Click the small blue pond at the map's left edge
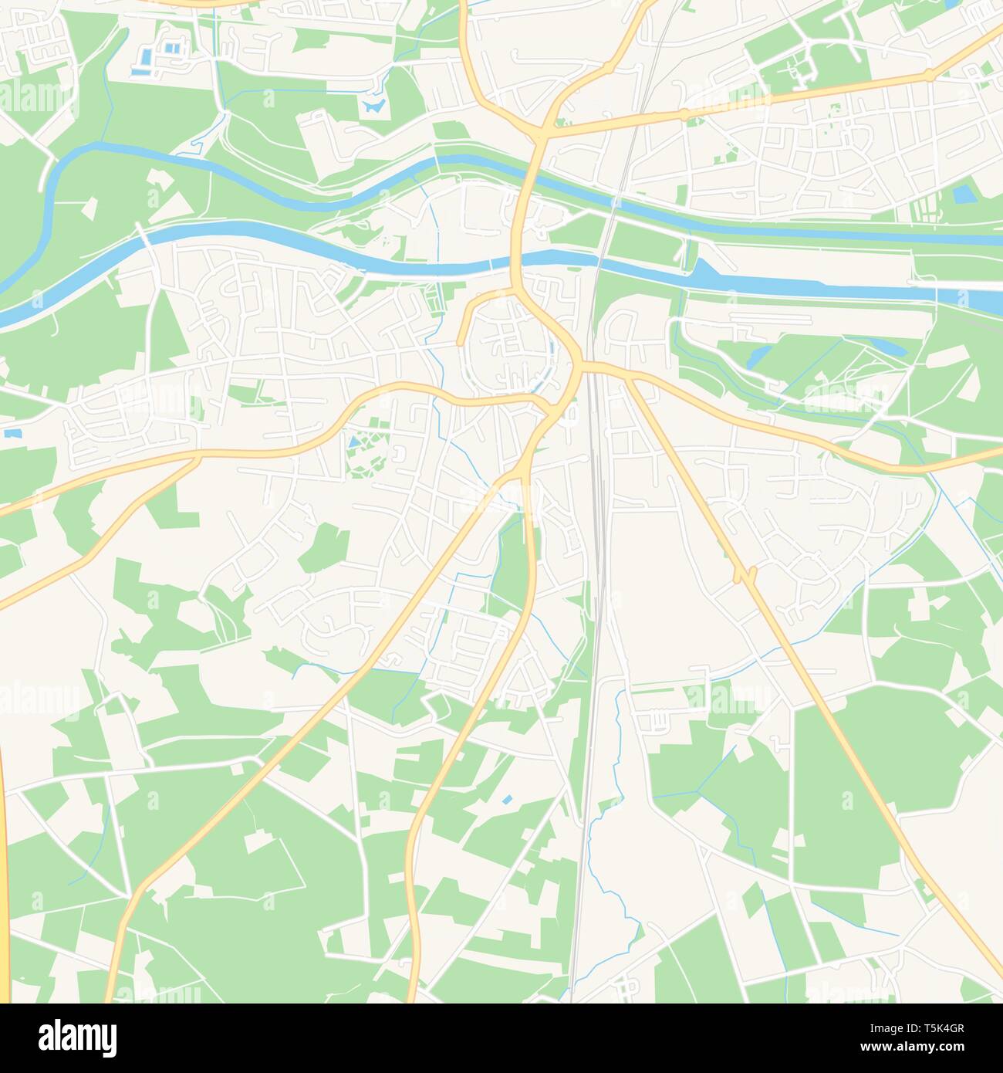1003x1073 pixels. pos(11,434)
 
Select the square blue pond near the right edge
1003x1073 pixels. pos(964,195)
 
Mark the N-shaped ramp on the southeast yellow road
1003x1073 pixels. pos(744,575)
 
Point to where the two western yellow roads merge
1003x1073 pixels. pos(197,459)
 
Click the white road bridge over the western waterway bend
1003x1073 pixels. pos(144,233)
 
